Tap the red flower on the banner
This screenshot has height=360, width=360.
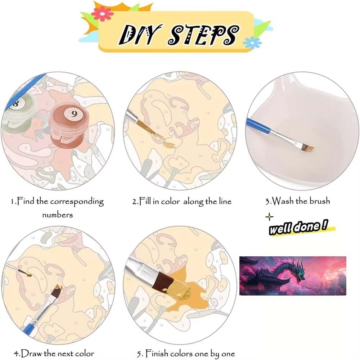click(102, 14)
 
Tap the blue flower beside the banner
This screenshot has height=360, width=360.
click(252, 42)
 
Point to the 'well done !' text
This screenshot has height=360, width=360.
click(298, 227)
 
